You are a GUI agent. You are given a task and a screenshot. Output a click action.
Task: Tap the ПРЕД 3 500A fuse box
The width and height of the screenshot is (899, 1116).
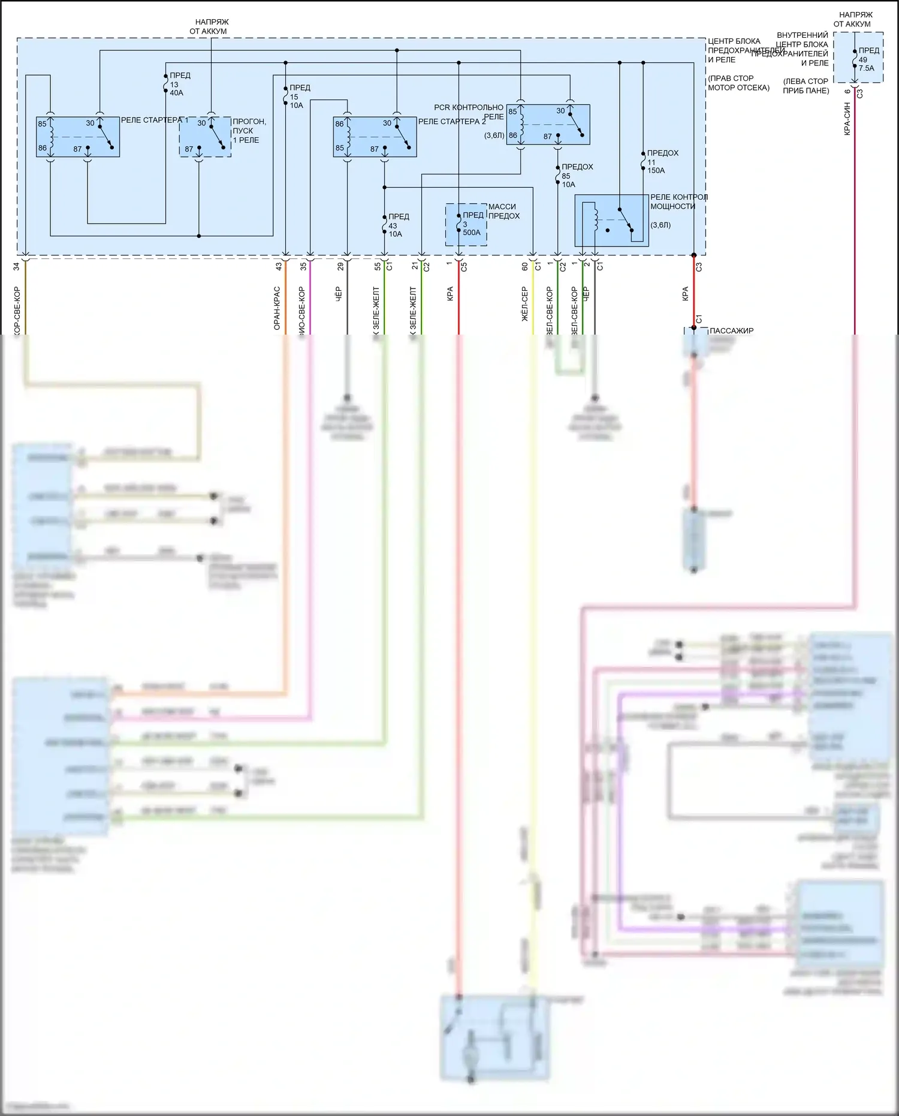(466, 224)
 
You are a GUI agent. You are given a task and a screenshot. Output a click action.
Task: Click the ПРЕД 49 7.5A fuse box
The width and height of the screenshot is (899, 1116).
(859, 58)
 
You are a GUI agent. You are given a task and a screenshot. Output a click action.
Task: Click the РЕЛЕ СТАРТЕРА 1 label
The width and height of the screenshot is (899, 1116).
(155, 120)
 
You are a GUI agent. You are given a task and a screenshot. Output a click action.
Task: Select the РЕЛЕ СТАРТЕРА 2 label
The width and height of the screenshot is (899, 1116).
(452, 122)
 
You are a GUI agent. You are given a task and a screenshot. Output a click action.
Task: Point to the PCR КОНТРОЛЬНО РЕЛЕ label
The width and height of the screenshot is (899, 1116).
(469, 112)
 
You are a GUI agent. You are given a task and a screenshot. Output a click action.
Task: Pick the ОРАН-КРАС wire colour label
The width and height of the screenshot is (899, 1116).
(277, 308)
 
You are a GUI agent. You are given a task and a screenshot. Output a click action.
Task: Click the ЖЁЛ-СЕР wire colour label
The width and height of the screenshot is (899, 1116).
(525, 304)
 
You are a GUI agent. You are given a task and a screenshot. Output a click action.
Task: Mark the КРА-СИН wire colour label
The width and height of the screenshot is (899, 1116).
(847, 119)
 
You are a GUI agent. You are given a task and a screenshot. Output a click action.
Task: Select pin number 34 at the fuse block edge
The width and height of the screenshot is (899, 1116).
(17, 266)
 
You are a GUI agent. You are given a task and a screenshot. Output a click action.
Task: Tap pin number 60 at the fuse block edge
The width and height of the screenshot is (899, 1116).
(525, 266)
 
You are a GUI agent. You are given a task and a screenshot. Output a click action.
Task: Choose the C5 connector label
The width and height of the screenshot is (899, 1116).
(464, 267)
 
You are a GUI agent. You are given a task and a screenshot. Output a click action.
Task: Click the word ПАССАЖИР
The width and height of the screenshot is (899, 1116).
(731, 331)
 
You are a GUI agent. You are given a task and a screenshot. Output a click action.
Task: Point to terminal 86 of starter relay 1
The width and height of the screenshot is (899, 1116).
(43, 148)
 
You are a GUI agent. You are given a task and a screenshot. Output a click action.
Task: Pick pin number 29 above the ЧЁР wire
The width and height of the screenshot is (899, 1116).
(340, 266)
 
